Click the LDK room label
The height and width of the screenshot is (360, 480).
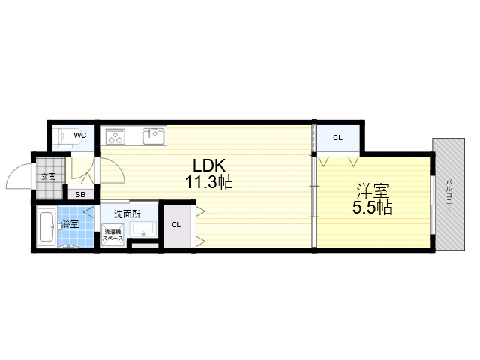coord(209,166)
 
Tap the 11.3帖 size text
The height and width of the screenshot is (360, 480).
coord(209,182)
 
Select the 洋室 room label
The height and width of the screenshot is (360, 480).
coord(373,191)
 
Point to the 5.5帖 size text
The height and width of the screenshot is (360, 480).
coord(372,208)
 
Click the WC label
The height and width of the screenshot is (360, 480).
coord(80,135)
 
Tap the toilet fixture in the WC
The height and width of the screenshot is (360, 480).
coord(64,138)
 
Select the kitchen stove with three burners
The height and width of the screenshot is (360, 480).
coord(115,136)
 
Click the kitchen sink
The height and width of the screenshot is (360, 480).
coord(154,136)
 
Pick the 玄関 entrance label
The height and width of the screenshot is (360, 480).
coord(49,177)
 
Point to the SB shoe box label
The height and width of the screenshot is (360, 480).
coord(80,195)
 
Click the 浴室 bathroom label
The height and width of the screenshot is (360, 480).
coord(70,224)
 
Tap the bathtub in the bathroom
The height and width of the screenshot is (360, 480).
coord(46,227)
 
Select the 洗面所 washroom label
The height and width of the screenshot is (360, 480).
coord(127,214)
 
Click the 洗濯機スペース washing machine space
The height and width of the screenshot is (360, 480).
coord(113,235)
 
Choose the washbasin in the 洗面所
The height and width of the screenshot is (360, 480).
coord(143,229)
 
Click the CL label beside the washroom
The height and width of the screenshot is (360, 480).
coord(176,225)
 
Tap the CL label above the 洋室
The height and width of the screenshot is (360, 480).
coord(337,138)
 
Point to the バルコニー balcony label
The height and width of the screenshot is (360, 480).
coord(448,195)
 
